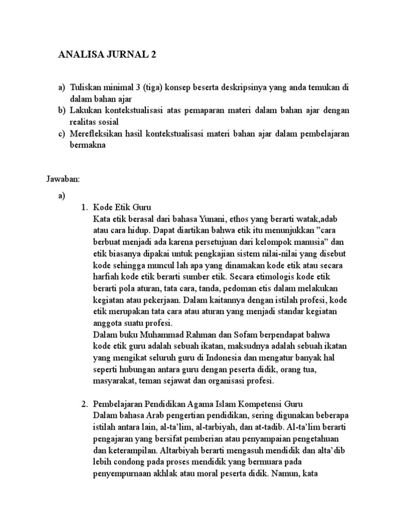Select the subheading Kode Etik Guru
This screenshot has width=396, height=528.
122,207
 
